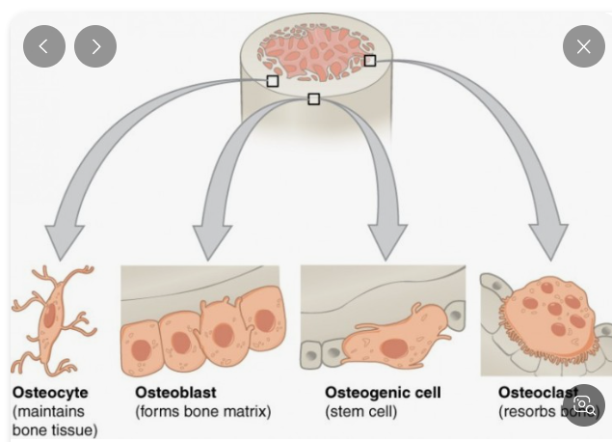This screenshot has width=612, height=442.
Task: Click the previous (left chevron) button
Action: [x=44, y=46]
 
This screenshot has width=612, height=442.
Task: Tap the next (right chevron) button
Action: [x=95, y=46]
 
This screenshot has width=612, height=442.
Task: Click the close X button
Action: [x=583, y=46]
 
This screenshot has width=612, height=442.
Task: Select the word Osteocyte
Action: [x=50, y=393]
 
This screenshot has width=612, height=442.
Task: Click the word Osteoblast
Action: [x=176, y=393]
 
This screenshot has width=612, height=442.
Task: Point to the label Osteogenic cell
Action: [x=383, y=393]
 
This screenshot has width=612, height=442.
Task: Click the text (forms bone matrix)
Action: [x=203, y=412]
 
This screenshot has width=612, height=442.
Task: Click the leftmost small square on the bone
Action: [x=273, y=81]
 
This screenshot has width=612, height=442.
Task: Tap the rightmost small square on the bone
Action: [x=369, y=60]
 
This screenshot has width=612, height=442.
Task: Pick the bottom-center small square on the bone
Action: [x=313, y=98]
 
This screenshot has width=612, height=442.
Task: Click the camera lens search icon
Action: [x=584, y=404]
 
